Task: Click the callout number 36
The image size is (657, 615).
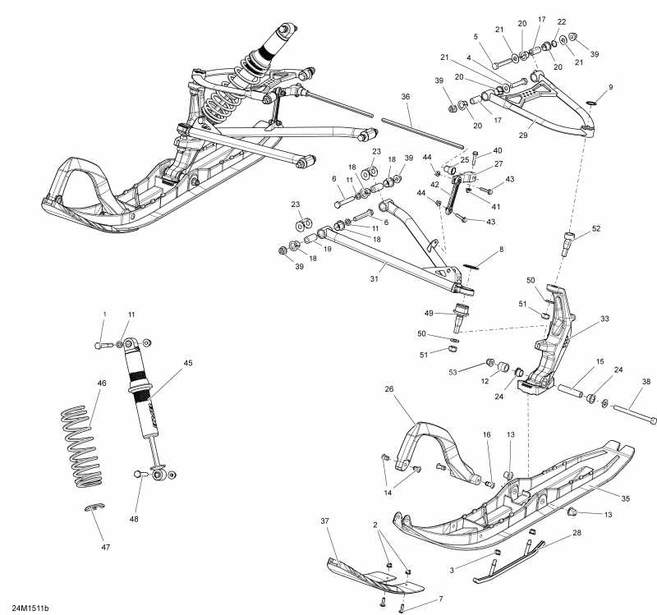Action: click(406, 97)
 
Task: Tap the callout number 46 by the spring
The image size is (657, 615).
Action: click(102, 383)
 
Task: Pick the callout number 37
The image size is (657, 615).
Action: click(325, 521)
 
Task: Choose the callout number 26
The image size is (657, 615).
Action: click(389, 389)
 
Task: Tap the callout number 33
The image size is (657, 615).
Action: click(604, 319)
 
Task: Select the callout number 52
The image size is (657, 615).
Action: click(595, 228)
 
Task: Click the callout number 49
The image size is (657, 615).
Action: click(429, 313)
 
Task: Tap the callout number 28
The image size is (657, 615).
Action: click(577, 534)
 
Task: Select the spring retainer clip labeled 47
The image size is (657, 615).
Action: click(95, 509)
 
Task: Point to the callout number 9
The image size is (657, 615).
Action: click(610, 87)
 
